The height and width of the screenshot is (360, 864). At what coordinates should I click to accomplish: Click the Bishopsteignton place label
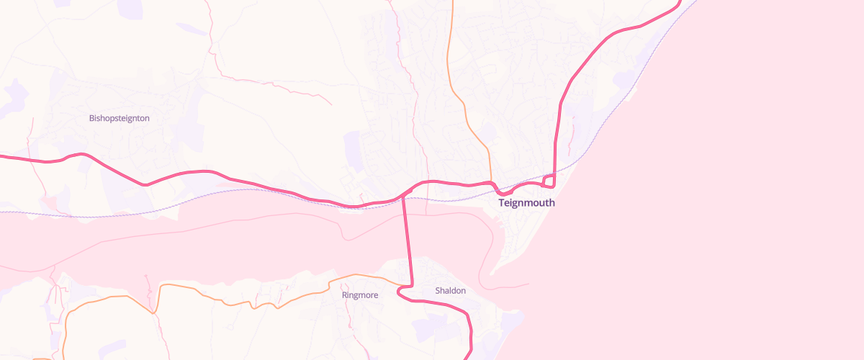[x=120, y=118]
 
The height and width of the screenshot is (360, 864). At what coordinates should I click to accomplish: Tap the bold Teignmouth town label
[x=527, y=203]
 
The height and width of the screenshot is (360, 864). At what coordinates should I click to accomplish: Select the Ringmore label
[x=360, y=294]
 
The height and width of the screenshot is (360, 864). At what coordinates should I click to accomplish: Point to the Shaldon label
[x=451, y=291]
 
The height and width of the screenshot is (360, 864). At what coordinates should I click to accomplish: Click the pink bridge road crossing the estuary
[x=407, y=238]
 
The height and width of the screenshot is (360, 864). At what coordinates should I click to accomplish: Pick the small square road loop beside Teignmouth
[x=549, y=180]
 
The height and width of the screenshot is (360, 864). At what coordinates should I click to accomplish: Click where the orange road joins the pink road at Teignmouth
[x=492, y=183]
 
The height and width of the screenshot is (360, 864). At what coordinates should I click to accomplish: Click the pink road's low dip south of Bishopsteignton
[x=146, y=185]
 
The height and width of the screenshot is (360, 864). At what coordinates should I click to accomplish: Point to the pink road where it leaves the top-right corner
[x=678, y=4]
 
